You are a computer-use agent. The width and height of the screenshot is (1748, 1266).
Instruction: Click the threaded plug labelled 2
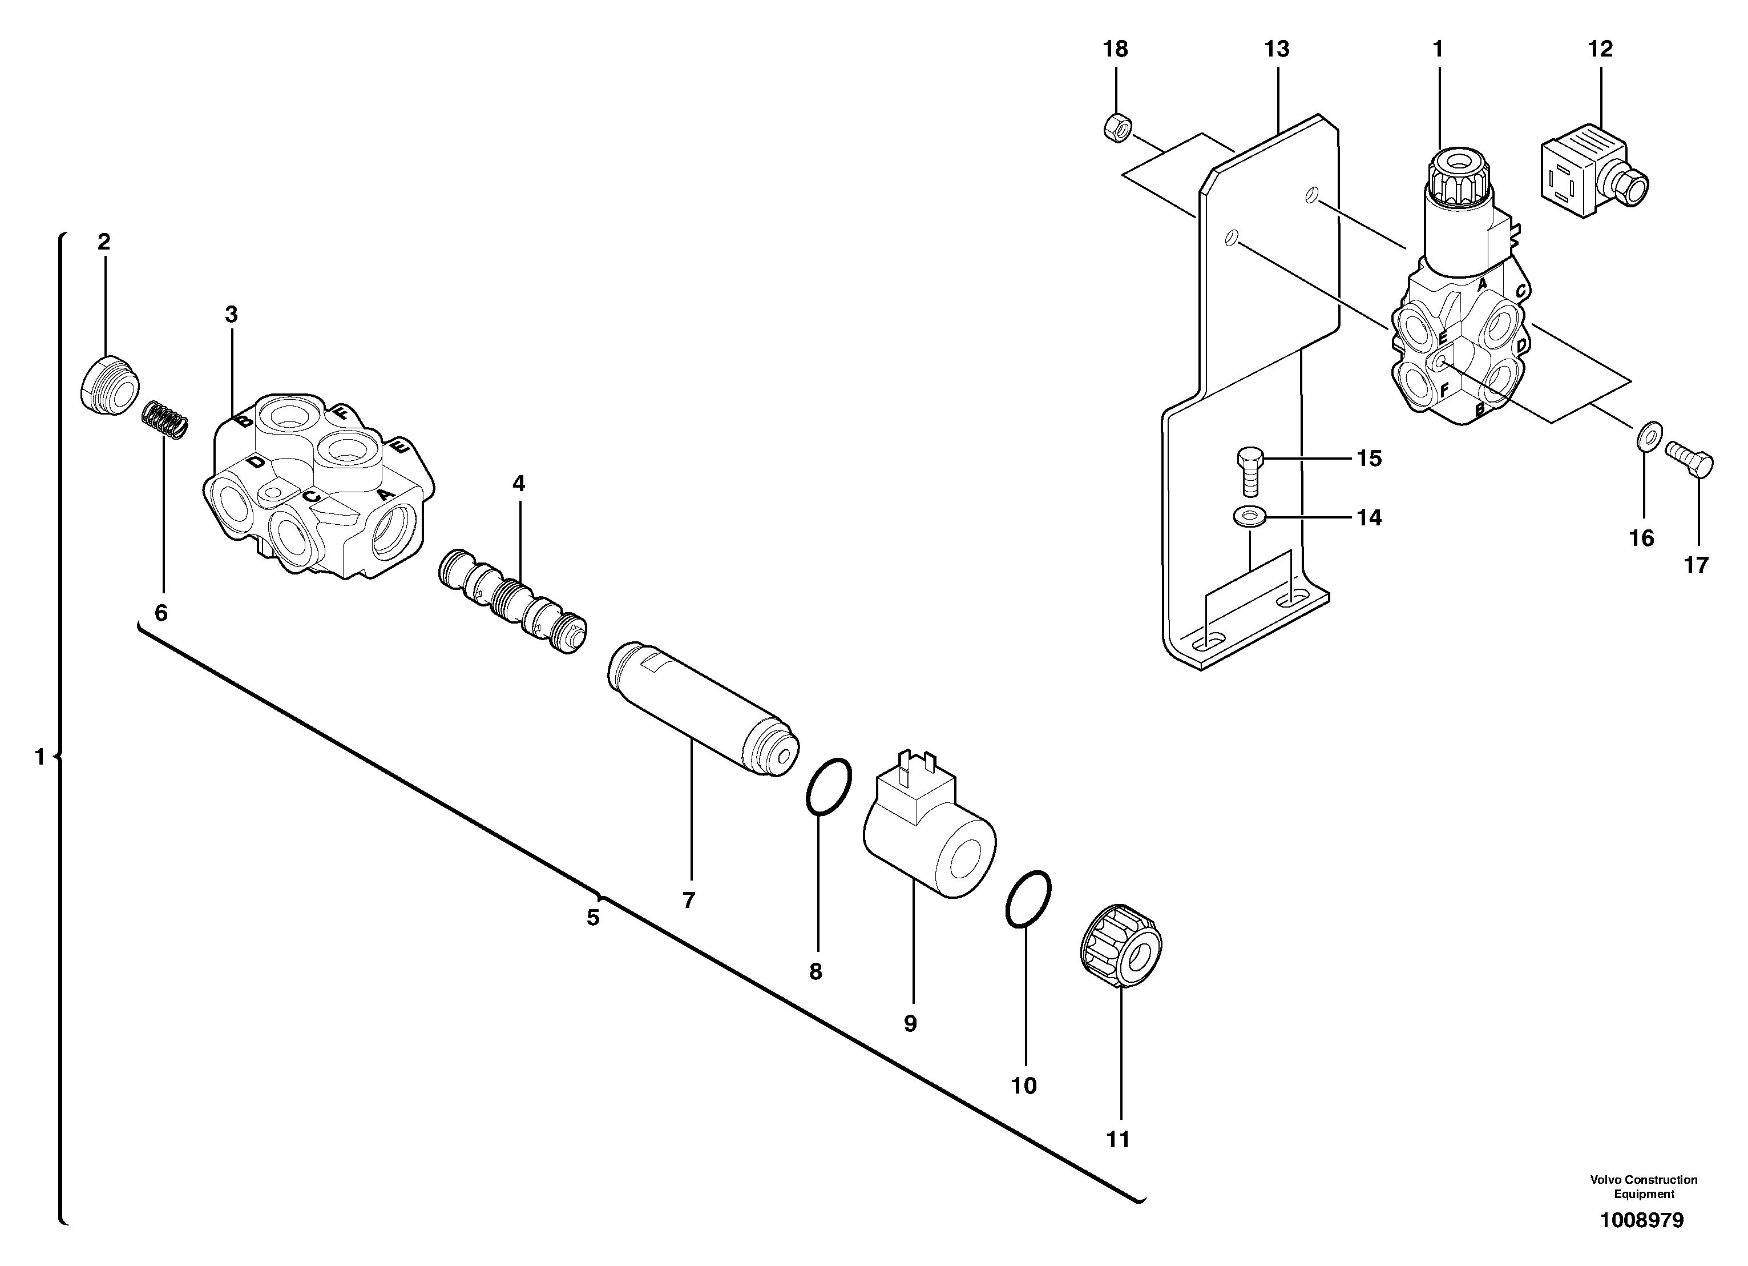(108, 386)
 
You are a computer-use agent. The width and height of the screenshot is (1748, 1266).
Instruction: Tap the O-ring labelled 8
(829, 786)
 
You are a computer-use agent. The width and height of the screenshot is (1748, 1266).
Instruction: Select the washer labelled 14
(1249, 516)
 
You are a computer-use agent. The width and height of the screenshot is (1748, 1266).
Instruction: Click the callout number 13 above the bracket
(1276, 49)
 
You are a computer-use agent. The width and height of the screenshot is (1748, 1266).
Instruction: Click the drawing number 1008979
(1642, 1220)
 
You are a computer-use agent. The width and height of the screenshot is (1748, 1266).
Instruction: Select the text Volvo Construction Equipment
(1643, 1186)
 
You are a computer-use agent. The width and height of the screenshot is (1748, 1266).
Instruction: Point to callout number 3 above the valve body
(231, 315)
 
